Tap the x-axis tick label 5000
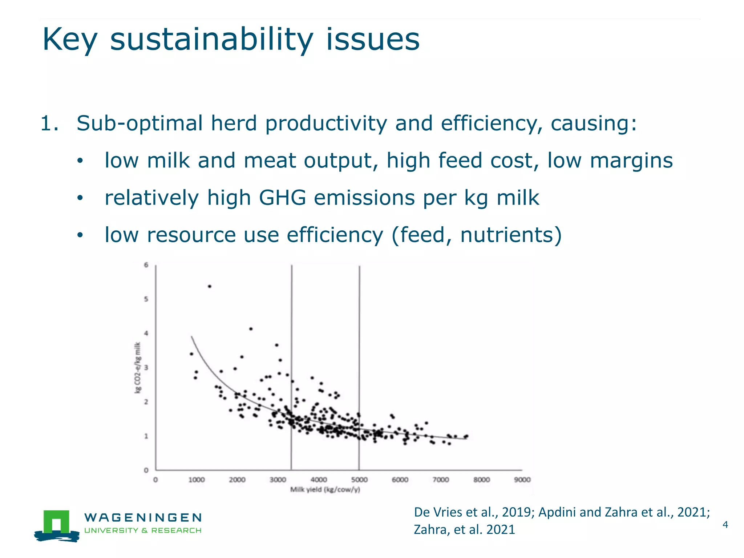(x=359, y=480)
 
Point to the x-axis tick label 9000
(x=522, y=480)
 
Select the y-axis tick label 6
(x=146, y=265)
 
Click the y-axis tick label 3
(x=146, y=368)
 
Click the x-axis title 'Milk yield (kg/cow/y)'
(x=325, y=490)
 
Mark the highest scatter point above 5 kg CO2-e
(x=210, y=287)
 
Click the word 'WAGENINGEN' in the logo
(x=143, y=517)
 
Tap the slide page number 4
(x=725, y=525)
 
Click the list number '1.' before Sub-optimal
(x=49, y=123)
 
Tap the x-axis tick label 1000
(x=196, y=480)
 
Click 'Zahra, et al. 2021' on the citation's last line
(x=464, y=530)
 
